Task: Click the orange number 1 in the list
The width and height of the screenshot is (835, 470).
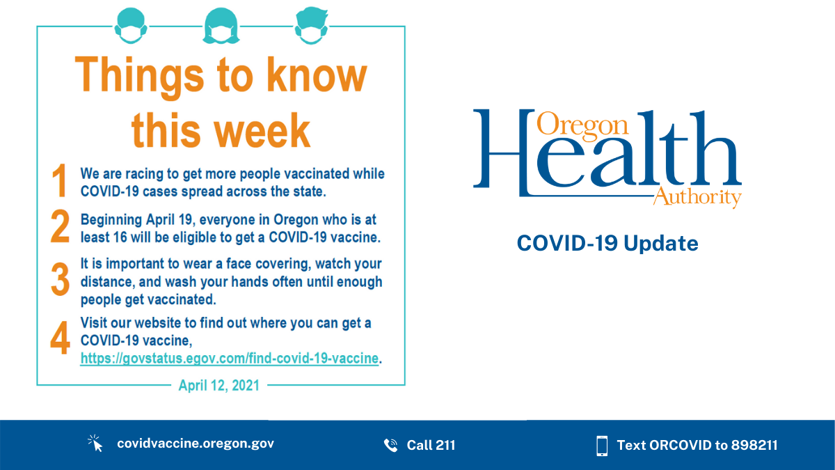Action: [x=60, y=181]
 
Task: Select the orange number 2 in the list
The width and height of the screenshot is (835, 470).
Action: [x=60, y=227]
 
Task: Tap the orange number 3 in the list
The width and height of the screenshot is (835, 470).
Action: [x=60, y=281]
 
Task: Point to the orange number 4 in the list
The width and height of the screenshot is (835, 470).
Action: [x=60, y=339]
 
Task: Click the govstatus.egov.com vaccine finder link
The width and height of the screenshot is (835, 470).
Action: [x=230, y=359]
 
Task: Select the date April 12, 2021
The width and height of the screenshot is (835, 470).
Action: [x=218, y=385]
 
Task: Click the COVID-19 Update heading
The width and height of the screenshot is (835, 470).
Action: [x=607, y=244]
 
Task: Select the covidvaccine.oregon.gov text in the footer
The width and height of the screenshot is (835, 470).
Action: [x=196, y=444]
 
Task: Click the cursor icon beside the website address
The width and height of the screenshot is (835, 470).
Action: [x=95, y=444]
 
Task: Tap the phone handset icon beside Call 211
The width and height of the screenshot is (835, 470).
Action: [x=390, y=445]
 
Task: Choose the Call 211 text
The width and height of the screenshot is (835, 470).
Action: [x=431, y=445]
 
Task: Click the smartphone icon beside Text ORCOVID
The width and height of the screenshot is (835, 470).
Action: [x=602, y=445]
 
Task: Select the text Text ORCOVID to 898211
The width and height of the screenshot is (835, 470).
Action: [x=697, y=445]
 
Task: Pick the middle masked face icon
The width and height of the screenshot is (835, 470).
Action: [x=221, y=26]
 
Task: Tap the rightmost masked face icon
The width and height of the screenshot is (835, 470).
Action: [x=311, y=26]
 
